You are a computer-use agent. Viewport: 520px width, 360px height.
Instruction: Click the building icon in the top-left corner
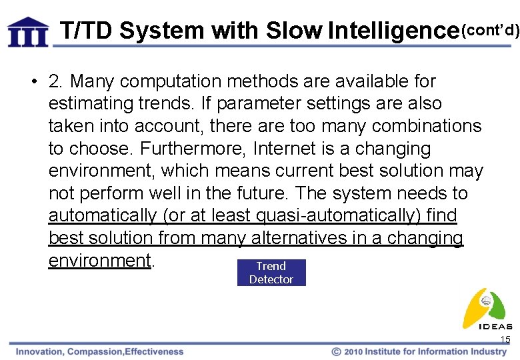click(28, 31)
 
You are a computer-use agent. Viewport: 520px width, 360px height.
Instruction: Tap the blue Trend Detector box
click(271, 273)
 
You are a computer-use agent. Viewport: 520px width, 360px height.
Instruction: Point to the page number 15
click(505, 340)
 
